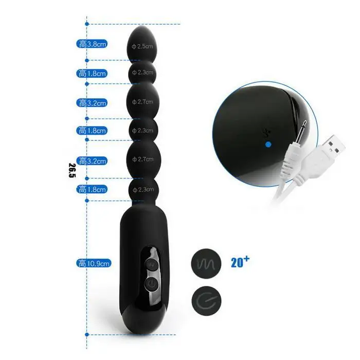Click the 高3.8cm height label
[x=92, y=44]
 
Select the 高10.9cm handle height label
[x=94, y=263]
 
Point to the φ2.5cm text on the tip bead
[x=142, y=46]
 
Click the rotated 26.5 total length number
[x=72, y=170]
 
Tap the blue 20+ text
[x=240, y=262]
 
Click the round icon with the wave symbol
[x=206, y=263]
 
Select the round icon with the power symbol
[x=206, y=300]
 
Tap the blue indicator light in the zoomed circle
[x=268, y=145]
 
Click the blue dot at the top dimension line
[x=87, y=24]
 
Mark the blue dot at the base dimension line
[x=87, y=334]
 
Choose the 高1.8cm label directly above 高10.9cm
[x=92, y=190]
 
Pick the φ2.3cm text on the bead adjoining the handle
[x=143, y=190]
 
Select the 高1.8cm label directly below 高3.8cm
[x=92, y=74]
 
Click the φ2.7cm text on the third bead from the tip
[x=142, y=102]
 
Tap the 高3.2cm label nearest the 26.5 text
[x=92, y=161]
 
